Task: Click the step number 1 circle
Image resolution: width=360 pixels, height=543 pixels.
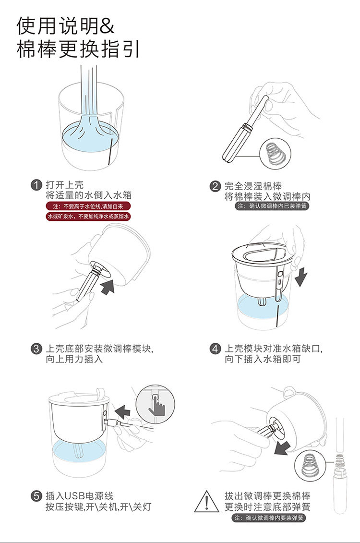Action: coord(36,185)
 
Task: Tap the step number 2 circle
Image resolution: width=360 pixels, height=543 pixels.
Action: coord(215,186)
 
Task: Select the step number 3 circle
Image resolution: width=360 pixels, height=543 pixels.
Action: coord(36,349)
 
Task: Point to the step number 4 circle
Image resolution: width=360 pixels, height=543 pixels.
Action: coord(215,349)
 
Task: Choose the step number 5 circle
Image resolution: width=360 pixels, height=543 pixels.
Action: coord(36,496)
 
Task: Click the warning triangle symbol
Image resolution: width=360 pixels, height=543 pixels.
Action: coord(207,502)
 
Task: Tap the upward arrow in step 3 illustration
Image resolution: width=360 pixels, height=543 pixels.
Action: coord(108,287)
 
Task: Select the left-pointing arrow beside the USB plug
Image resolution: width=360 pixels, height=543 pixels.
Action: coord(122,412)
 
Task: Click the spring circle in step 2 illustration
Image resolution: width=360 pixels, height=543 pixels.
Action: coord(276,154)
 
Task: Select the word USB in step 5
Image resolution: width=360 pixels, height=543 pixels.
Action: coord(75,496)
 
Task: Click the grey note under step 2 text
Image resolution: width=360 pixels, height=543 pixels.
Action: coord(272,206)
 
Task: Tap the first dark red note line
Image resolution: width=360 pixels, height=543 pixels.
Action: coord(89,206)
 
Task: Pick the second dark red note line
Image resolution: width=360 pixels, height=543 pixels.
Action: coord(89,217)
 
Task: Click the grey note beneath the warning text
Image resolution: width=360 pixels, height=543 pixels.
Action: coord(269,518)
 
